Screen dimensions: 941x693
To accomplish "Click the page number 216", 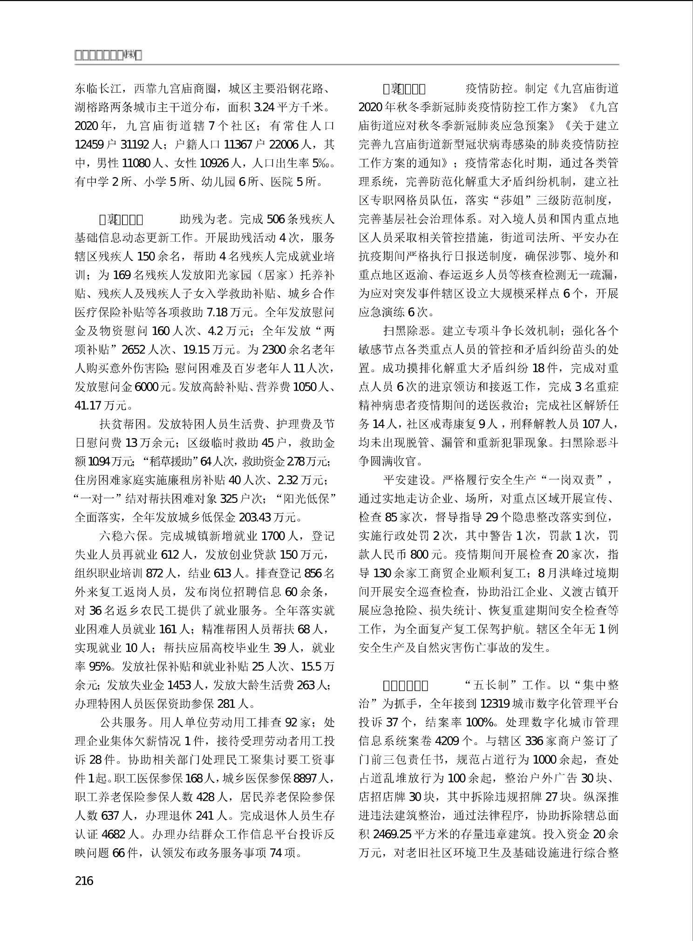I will tap(84, 880).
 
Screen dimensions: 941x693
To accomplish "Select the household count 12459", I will tap(89, 144).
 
